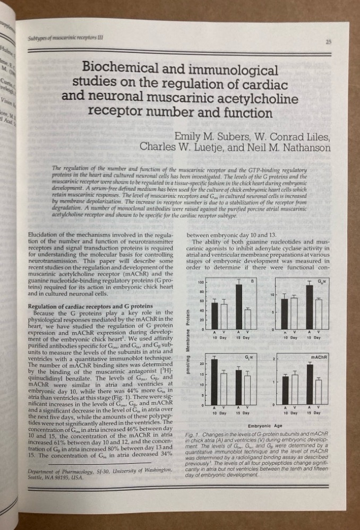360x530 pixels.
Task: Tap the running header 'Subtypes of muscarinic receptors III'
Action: [x=63, y=37]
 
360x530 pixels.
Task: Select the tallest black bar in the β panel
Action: [x=239, y=307]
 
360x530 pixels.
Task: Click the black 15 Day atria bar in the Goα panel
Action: [x=310, y=307]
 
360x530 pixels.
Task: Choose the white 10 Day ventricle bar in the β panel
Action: [x=224, y=316]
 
